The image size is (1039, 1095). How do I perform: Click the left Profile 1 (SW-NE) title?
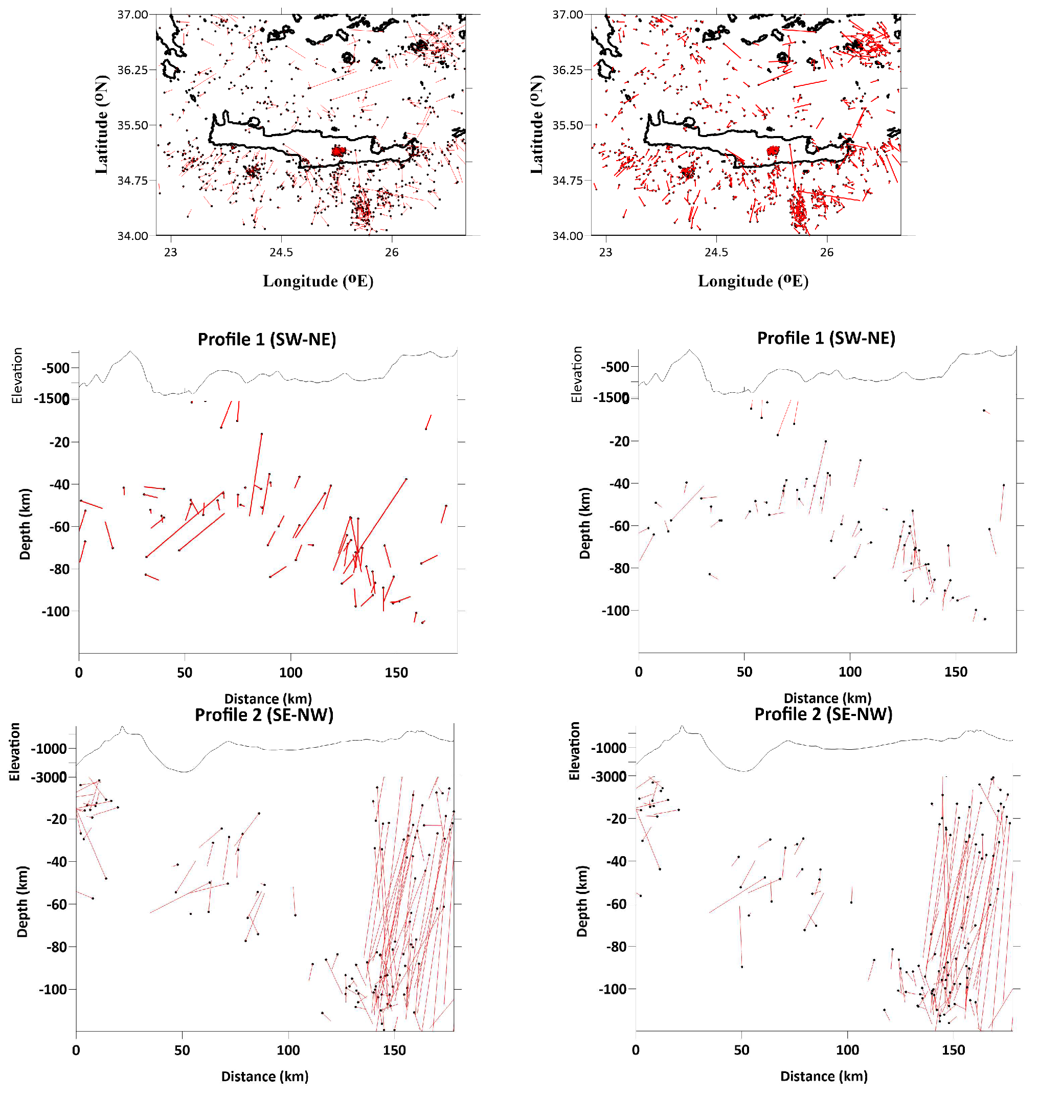[x=267, y=339]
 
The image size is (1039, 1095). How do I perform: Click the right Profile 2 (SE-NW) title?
[x=823, y=714]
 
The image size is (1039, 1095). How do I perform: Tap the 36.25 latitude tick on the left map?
[x=132, y=70]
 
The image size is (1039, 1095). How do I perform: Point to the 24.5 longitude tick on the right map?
[x=716, y=252]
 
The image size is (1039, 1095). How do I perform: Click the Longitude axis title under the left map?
[x=318, y=281]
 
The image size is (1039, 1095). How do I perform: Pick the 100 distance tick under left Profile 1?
[x=290, y=673]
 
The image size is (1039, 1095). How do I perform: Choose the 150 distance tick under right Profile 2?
[x=953, y=1049]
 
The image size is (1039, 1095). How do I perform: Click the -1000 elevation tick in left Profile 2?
[x=49, y=749]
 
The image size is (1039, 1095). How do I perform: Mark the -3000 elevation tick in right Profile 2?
[x=608, y=776]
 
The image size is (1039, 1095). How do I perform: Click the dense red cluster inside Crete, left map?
[x=338, y=151]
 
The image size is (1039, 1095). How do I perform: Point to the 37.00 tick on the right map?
[x=567, y=14]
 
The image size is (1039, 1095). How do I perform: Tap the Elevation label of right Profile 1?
[x=577, y=374]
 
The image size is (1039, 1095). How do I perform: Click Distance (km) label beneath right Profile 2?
[x=824, y=1076]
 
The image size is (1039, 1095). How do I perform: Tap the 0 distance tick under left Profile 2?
[x=76, y=1050]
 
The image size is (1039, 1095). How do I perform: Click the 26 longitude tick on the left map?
[x=392, y=252]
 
